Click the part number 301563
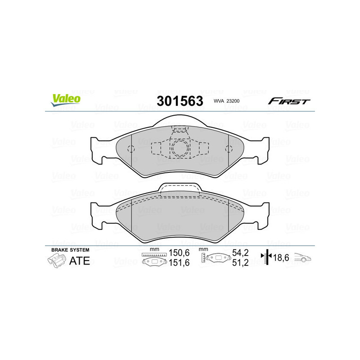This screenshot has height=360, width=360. tap(180, 101)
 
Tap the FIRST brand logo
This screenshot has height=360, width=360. tap(289, 101)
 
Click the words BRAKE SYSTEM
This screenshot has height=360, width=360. tap(70, 250)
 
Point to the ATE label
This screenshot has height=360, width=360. tap(80, 261)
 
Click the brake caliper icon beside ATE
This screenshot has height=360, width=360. tap(56, 261)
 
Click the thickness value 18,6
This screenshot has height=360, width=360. tap(282, 257)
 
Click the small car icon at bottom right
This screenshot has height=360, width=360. tap(304, 258)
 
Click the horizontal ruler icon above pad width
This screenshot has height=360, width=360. tap(154, 255)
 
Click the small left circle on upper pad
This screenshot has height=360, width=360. tap(130, 150)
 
